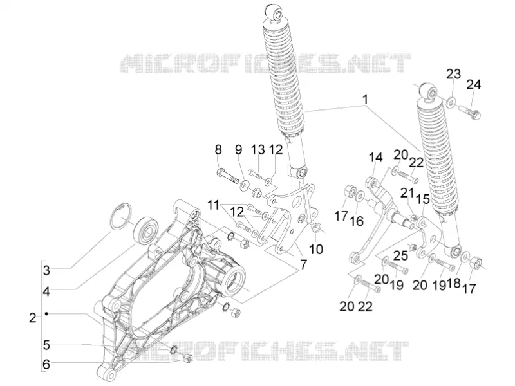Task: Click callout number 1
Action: tap(365, 100)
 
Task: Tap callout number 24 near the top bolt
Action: tap(474, 85)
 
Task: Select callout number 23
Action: tap(453, 74)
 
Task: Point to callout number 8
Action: tap(218, 150)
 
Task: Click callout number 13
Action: tap(258, 150)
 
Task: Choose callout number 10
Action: tap(316, 249)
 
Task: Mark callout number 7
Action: tap(303, 264)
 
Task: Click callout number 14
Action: tap(376, 157)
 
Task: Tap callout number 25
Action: tap(401, 255)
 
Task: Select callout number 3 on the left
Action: tap(46, 271)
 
